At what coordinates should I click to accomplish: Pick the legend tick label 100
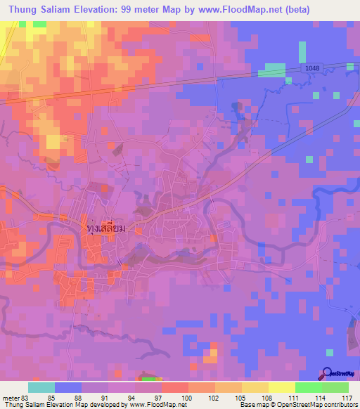pyautogui.click(x=184, y=398)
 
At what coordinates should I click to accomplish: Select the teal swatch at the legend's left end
pyautogui.click(x=41, y=387)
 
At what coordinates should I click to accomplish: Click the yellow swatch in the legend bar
pyautogui.click(x=282, y=387)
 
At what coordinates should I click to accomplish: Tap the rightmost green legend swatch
pyautogui.click(x=335, y=387)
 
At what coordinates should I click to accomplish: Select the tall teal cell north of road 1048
pyautogui.click(x=302, y=52)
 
